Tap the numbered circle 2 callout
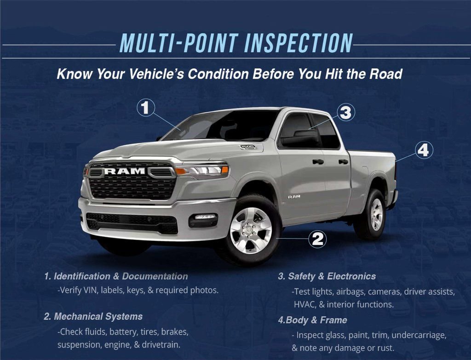pyautogui.click(x=318, y=239)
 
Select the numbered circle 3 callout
pyautogui.click(x=345, y=112)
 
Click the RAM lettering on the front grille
pyautogui.click(x=125, y=171)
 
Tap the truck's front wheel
pyautogui.click(x=251, y=230)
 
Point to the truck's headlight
pyautogui.click(x=203, y=171)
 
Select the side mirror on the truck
pyautogui.click(x=299, y=138)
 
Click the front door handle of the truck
pyautogui.click(x=318, y=161)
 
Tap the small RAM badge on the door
pyautogui.click(x=293, y=196)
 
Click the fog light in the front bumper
pyautogui.click(x=204, y=217)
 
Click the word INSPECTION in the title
pyautogui.click(x=298, y=44)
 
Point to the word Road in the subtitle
pyautogui.click(x=386, y=74)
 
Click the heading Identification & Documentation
pyautogui.click(x=116, y=276)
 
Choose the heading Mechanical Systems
pyautogui.click(x=93, y=316)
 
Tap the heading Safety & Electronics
pyautogui.click(x=327, y=276)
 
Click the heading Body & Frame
pyautogui.click(x=313, y=320)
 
